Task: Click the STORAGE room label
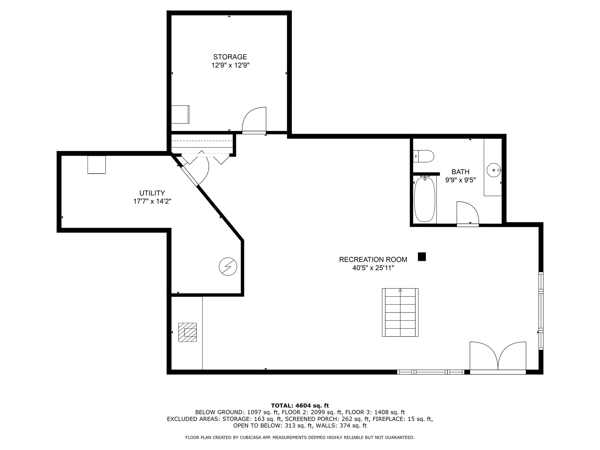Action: click(x=230, y=57)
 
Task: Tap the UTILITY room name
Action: click(x=152, y=193)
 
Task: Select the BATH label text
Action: click(x=460, y=172)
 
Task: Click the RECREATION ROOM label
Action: click(x=373, y=259)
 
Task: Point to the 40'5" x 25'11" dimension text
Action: click(x=373, y=268)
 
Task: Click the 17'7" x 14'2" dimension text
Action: click(x=152, y=201)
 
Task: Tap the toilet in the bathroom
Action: click(x=424, y=156)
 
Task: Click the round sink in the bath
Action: click(x=493, y=170)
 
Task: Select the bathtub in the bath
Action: click(x=424, y=199)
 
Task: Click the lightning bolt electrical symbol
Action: click(x=228, y=267)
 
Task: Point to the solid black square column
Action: click(x=422, y=257)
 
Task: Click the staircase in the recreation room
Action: click(x=400, y=312)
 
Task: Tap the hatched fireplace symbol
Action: click(x=187, y=332)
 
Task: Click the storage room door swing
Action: click(x=254, y=120)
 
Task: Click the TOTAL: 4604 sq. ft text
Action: click(x=300, y=406)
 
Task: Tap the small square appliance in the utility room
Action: click(x=97, y=165)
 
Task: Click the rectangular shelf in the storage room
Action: click(x=180, y=114)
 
